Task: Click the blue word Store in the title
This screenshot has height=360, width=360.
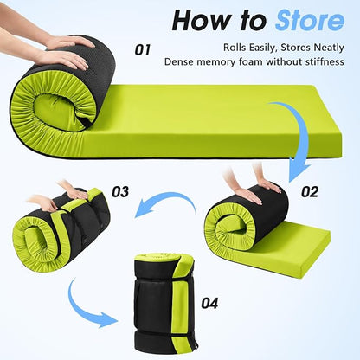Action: pos(310,20)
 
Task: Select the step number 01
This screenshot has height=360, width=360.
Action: pos(143,50)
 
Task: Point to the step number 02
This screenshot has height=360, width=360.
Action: pos(310,192)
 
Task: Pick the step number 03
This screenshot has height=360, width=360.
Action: pos(120,192)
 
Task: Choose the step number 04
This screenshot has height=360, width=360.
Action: pos(209,304)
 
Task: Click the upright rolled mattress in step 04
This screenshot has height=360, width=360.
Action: pos(164,300)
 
